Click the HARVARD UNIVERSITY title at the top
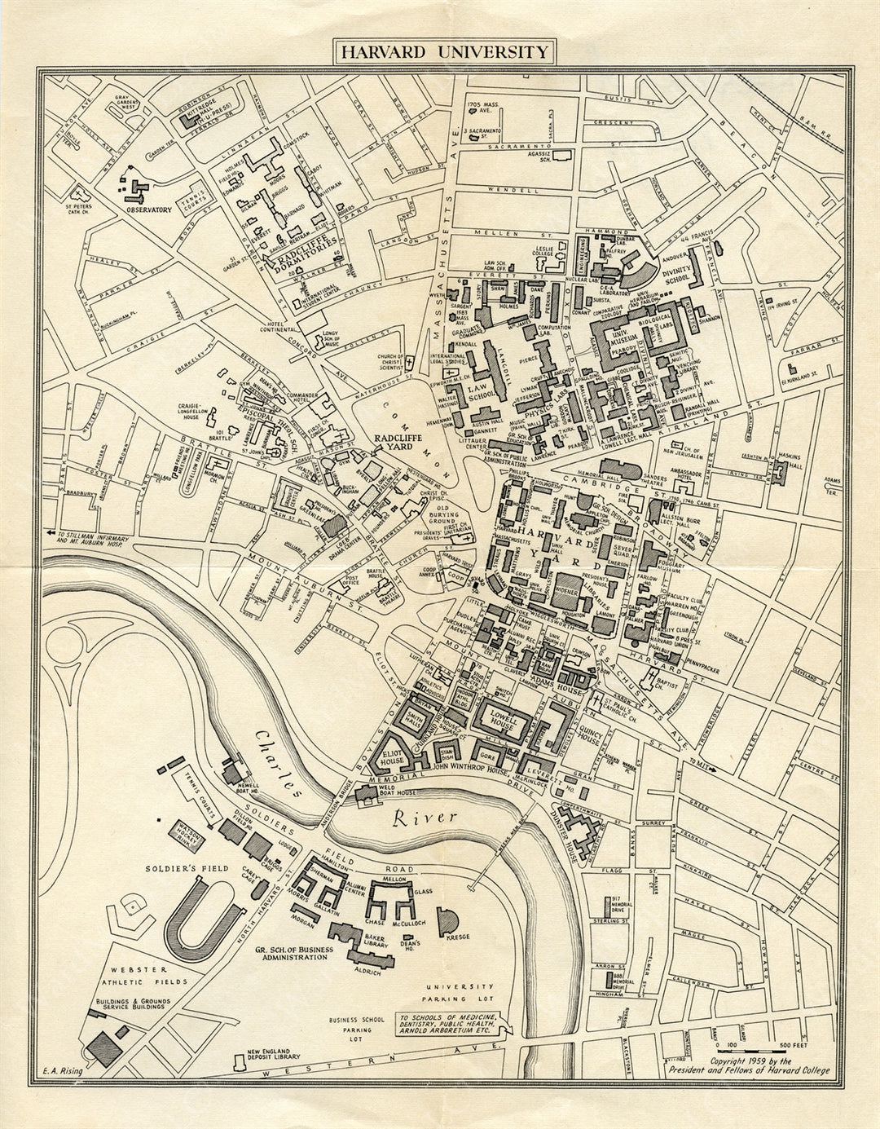443,51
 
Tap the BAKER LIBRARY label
374,942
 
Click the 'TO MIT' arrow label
702,765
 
